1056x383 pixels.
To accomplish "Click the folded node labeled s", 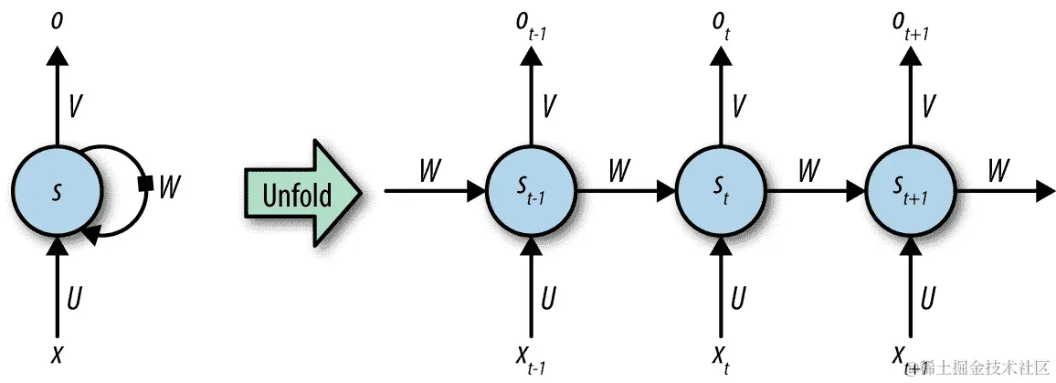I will click(57, 191).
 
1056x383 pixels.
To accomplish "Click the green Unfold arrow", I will click(301, 193).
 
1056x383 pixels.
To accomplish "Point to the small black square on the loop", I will click(144, 186).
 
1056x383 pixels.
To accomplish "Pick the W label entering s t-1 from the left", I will click(430, 170).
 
